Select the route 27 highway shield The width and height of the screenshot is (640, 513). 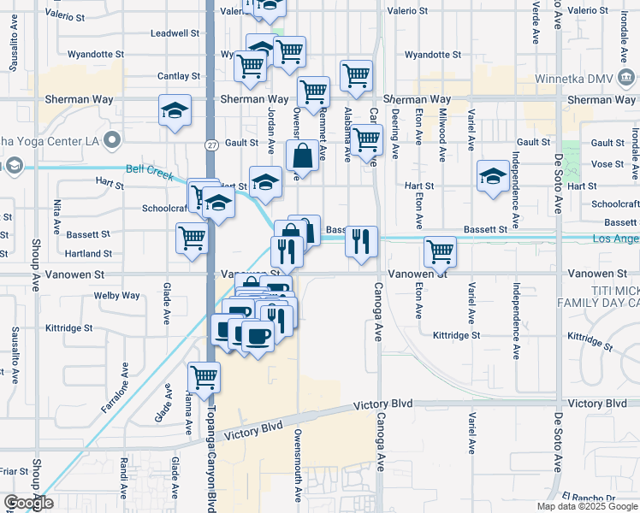[210, 145]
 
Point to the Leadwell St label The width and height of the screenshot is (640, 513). [175, 33]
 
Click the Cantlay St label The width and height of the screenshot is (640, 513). [179, 76]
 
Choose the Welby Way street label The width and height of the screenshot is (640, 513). [118, 296]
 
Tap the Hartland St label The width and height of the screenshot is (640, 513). [89, 254]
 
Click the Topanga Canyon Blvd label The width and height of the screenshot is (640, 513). [210, 453]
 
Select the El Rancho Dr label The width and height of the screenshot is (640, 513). [590, 498]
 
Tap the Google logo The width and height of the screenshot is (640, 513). [28, 504]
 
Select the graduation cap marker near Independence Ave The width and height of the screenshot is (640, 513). [493, 176]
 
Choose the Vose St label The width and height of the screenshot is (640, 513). [607, 164]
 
